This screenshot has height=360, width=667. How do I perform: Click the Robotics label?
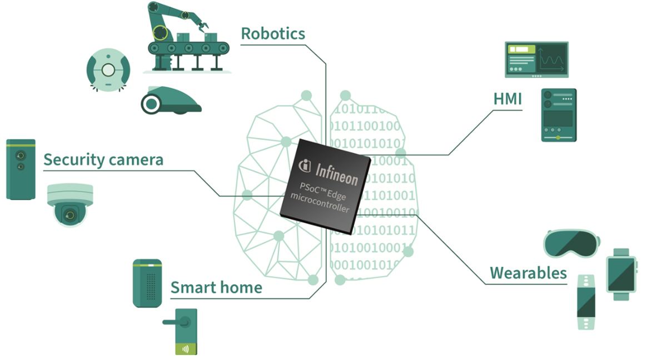point(273,34)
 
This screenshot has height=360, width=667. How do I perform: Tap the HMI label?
point(507,99)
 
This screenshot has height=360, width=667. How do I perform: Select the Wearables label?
point(528,273)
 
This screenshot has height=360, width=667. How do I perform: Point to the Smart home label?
point(216,287)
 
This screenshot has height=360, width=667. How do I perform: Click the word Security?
point(73,160)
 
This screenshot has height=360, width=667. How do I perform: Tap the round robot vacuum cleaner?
point(108,70)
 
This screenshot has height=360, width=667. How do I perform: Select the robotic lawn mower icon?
point(171,100)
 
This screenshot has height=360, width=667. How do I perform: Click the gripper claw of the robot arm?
point(203,26)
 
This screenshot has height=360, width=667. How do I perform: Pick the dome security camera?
point(70,204)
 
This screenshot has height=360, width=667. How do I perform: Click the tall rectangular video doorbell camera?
point(21,169)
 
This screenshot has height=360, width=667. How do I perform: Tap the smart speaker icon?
point(147,283)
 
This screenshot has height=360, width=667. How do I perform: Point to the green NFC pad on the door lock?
point(186,349)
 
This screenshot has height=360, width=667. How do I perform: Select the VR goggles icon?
point(572,243)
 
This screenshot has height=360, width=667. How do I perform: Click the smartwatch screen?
point(621,274)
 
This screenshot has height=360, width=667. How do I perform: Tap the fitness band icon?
point(586,302)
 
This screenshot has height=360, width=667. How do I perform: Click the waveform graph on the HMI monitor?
point(552,59)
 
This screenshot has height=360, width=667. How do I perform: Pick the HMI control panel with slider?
point(559,115)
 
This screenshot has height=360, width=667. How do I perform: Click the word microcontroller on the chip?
point(320,203)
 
